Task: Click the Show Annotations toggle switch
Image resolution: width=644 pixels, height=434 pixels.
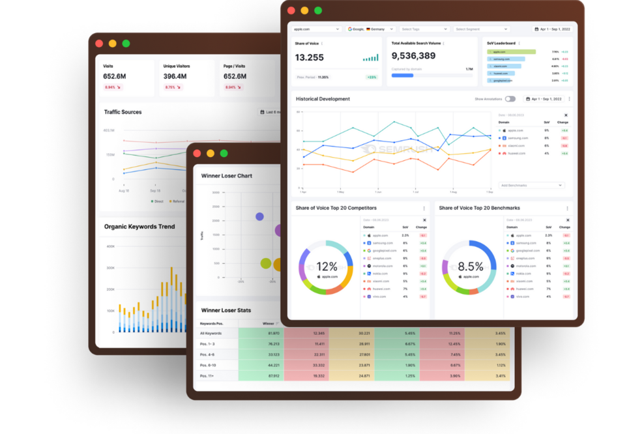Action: click(x=510, y=99)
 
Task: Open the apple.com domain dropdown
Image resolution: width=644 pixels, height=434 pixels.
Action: click(x=316, y=29)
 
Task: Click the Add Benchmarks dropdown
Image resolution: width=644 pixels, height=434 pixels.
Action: click(x=531, y=185)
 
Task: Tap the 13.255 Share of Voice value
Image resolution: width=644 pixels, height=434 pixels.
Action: click(x=310, y=57)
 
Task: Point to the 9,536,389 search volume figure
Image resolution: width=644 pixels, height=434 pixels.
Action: click(x=414, y=56)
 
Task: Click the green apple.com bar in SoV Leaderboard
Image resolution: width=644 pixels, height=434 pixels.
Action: click(x=511, y=51)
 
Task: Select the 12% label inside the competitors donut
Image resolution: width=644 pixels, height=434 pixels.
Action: click(x=327, y=267)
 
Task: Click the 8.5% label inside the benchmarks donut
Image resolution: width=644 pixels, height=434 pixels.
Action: click(x=470, y=267)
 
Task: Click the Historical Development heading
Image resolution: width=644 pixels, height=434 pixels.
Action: click(x=323, y=99)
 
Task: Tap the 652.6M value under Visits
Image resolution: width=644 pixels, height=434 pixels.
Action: click(x=115, y=76)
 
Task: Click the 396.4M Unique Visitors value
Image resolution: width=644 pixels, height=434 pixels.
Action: click(x=175, y=76)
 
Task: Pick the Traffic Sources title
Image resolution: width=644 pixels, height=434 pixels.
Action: click(x=123, y=112)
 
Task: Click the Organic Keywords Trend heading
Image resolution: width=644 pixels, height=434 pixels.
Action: click(x=139, y=227)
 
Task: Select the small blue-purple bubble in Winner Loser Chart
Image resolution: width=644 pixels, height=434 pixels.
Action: click(x=259, y=216)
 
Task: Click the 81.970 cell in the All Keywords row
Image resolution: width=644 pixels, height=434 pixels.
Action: click(x=268, y=333)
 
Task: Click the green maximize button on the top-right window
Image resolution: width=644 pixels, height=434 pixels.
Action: click(x=318, y=10)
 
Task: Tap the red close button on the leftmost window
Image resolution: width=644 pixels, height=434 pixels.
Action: click(x=99, y=44)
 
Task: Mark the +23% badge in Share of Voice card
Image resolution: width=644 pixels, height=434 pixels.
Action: click(x=372, y=77)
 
